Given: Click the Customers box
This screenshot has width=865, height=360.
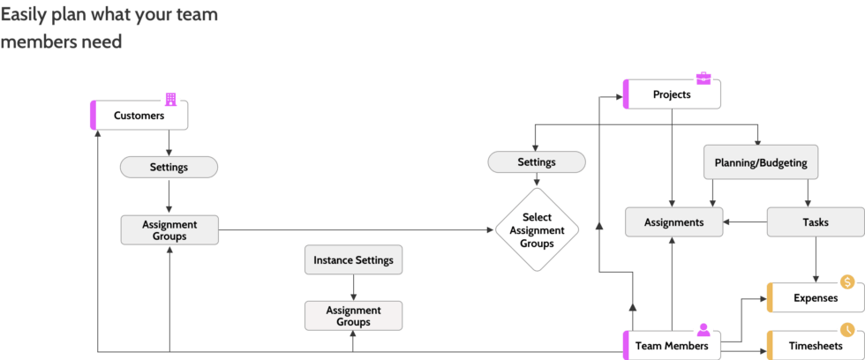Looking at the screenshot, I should [x=139, y=116].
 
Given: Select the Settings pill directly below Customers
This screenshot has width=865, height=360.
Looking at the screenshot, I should [x=168, y=167].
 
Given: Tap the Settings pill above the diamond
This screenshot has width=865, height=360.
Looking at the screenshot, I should [x=536, y=162].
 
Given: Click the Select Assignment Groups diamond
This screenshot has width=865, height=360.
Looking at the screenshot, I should [x=537, y=230].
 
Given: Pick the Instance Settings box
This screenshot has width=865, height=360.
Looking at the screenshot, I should [x=353, y=260].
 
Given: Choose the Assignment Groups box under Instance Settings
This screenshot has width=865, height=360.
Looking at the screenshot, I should [x=353, y=316].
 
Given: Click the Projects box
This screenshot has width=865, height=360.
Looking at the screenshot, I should [x=672, y=94].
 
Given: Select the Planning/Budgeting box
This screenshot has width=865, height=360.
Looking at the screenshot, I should [x=760, y=163].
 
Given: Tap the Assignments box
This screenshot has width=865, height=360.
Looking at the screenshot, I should [x=673, y=222].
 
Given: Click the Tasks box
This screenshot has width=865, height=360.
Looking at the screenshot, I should [x=815, y=222].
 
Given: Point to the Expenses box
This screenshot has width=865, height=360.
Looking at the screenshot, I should [x=815, y=298].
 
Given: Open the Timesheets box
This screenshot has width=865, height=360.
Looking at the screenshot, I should [x=815, y=345].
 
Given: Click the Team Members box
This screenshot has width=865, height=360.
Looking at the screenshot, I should [x=672, y=345].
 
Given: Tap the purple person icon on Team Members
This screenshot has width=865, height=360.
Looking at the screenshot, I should [x=703, y=330].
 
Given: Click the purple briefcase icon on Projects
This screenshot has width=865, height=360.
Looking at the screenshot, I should [x=703, y=79].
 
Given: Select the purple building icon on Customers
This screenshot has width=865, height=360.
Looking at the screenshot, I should [x=171, y=100].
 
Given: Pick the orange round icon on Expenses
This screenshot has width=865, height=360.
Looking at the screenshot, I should [x=847, y=282].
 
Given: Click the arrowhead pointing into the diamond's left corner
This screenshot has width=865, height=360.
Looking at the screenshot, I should [x=490, y=230].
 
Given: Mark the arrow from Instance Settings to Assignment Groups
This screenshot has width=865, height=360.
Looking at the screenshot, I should [x=353, y=288].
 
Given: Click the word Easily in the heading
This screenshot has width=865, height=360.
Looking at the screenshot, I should [x=26, y=15].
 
